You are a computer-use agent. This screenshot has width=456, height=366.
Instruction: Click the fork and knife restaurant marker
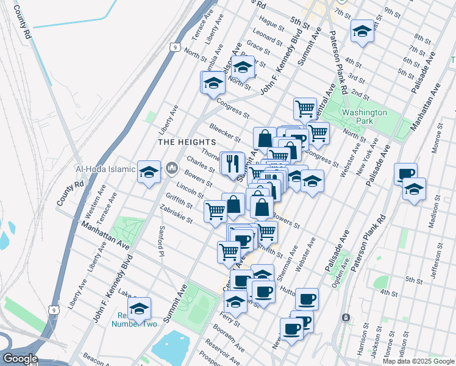click(x=232, y=163)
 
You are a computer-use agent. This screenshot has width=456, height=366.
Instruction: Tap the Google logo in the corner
click(x=20, y=359)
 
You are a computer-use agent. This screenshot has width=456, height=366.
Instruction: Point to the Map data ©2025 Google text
click(x=418, y=361)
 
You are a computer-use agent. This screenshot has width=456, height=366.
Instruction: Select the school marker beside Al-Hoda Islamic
click(x=149, y=173)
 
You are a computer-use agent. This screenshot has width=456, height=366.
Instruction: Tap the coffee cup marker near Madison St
click(x=405, y=174)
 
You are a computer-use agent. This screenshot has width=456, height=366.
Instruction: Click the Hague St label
click(x=272, y=25)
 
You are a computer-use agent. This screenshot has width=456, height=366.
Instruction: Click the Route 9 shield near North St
click(x=175, y=47)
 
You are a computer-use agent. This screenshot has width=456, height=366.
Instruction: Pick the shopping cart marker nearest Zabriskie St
click(x=215, y=210)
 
